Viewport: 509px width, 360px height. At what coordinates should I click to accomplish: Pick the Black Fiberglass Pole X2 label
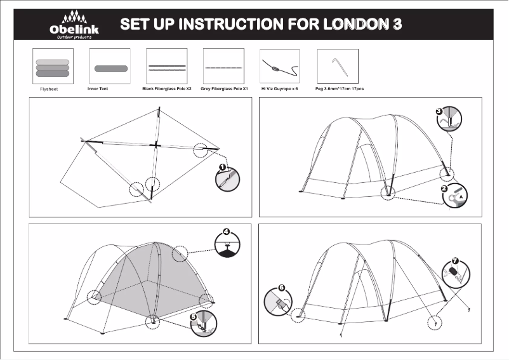(x=166, y=90)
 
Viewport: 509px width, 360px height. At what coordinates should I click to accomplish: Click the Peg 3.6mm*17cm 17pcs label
(x=340, y=90)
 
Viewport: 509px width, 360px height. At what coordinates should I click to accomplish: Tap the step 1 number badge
(x=222, y=167)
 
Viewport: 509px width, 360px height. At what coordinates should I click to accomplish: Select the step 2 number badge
(x=445, y=189)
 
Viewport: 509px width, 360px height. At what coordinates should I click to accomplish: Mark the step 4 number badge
(x=225, y=231)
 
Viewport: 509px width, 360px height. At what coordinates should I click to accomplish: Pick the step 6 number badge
(x=282, y=287)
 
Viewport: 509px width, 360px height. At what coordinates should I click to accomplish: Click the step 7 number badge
(x=454, y=260)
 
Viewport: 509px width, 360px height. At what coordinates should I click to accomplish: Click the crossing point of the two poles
(x=154, y=145)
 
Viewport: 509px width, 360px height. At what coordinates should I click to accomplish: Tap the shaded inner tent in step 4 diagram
(x=152, y=279)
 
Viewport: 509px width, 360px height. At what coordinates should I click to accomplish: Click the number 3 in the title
(x=397, y=25)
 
